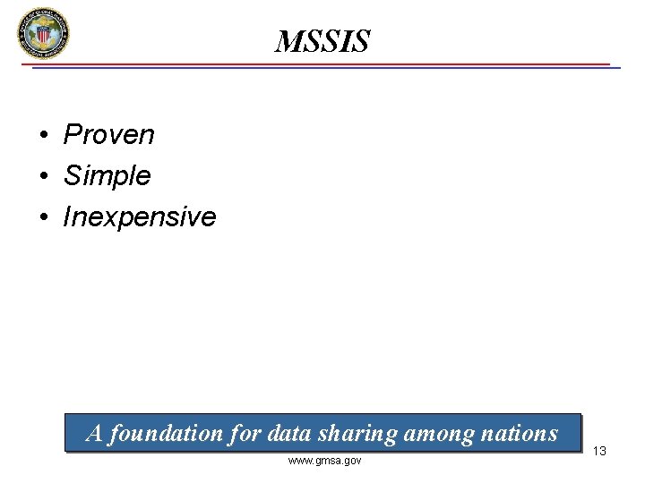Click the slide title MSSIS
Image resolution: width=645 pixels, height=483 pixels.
click(322, 41)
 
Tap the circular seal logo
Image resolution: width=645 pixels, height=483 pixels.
click(42, 34)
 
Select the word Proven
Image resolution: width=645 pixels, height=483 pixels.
click(108, 135)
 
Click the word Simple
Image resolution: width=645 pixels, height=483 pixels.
click(107, 175)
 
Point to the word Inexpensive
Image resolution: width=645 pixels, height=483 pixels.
click(139, 216)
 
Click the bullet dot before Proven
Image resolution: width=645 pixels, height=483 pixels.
click(43, 136)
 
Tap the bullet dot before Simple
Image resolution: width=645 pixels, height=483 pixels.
click(43, 176)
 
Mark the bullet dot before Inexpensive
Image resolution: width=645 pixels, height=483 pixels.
click(43, 217)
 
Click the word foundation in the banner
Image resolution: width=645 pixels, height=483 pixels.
click(168, 434)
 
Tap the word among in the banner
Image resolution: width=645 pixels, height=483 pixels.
click(433, 434)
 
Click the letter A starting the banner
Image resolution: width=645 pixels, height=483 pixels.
click(94, 434)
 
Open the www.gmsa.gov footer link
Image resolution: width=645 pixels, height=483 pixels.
click(324, 461)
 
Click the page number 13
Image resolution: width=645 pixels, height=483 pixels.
click(599, 451)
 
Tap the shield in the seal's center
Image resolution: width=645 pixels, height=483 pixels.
click(42, 35)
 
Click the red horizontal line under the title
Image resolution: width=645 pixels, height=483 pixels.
click(322, 64)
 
